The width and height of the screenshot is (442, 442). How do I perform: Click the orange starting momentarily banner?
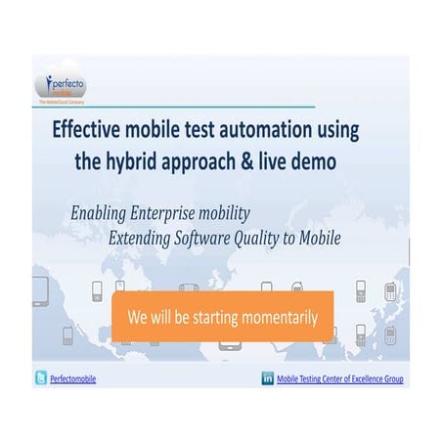222,316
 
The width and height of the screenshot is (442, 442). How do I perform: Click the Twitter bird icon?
41,378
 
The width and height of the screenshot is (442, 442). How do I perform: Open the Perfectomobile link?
73,379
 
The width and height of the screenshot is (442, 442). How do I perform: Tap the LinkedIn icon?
268,378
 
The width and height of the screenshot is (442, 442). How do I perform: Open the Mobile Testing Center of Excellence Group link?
340,379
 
